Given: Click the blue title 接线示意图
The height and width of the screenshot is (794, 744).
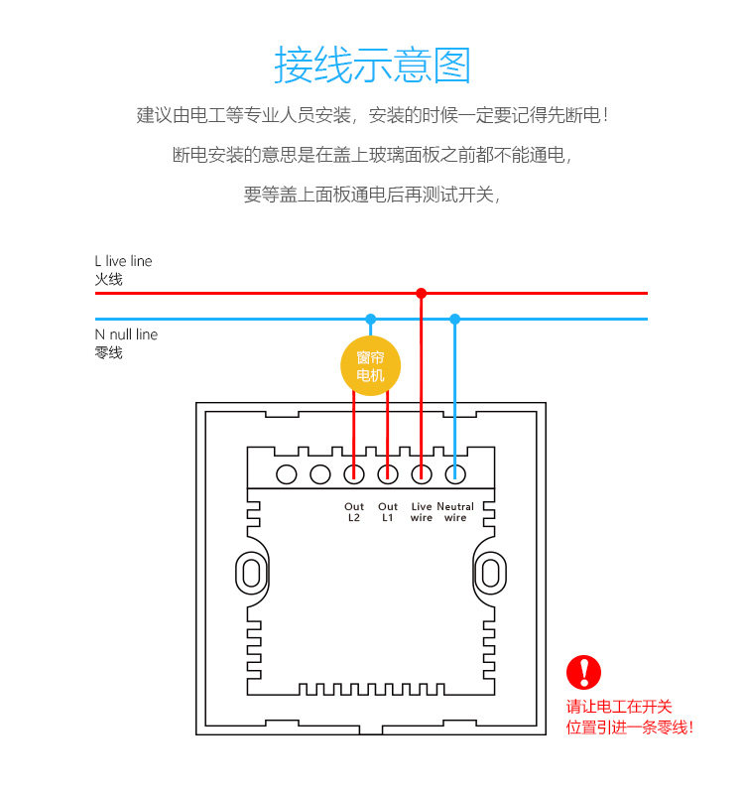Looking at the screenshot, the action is (373, 65).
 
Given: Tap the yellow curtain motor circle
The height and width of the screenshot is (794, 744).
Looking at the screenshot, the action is (370, 365).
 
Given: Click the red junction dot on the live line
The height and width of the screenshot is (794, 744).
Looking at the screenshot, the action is (421, 293).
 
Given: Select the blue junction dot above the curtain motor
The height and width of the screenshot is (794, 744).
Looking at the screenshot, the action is (370, 319).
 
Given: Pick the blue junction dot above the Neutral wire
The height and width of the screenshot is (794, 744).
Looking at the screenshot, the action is (454, 319).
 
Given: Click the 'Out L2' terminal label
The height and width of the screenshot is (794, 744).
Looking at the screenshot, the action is (354, 512).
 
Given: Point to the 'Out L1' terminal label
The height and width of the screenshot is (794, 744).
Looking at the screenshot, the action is (388, 512).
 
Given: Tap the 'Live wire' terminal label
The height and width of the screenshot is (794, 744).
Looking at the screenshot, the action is (421, 512).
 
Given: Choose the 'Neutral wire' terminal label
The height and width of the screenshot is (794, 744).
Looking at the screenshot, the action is (455, 512).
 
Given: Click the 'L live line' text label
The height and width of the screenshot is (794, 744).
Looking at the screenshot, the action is (123, 261).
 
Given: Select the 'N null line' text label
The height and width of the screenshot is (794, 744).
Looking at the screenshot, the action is (126, 334).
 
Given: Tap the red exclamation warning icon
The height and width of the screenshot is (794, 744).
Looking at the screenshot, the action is (583, 672).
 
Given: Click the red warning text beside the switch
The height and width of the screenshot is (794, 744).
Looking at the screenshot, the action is (629, 717).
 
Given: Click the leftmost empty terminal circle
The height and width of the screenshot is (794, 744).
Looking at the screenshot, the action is (287, 474).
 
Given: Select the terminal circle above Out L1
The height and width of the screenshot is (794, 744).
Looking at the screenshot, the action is (388, 474).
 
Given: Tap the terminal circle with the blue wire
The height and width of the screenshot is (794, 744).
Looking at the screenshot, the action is (455, 474).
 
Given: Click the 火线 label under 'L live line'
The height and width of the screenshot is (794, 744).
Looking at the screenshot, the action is (109, 279).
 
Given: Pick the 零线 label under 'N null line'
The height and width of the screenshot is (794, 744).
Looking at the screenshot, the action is (109, 352).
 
